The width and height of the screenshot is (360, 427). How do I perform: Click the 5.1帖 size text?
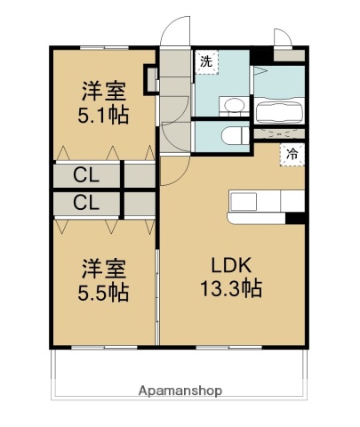[x=103, y=115]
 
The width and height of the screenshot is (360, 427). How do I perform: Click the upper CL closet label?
[x=85, y=174]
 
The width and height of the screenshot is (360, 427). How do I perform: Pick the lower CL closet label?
[x=85, y=203]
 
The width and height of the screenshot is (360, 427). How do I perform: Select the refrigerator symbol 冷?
[x=291, y=153]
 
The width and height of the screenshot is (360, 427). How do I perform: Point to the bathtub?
[x=280, y=113]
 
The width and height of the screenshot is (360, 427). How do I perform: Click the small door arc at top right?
[x=282, y=36]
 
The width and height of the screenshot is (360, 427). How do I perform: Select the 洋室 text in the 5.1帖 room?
[x=103, y=91]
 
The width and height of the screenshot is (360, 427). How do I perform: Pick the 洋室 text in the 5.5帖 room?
[x=103, y=267]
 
